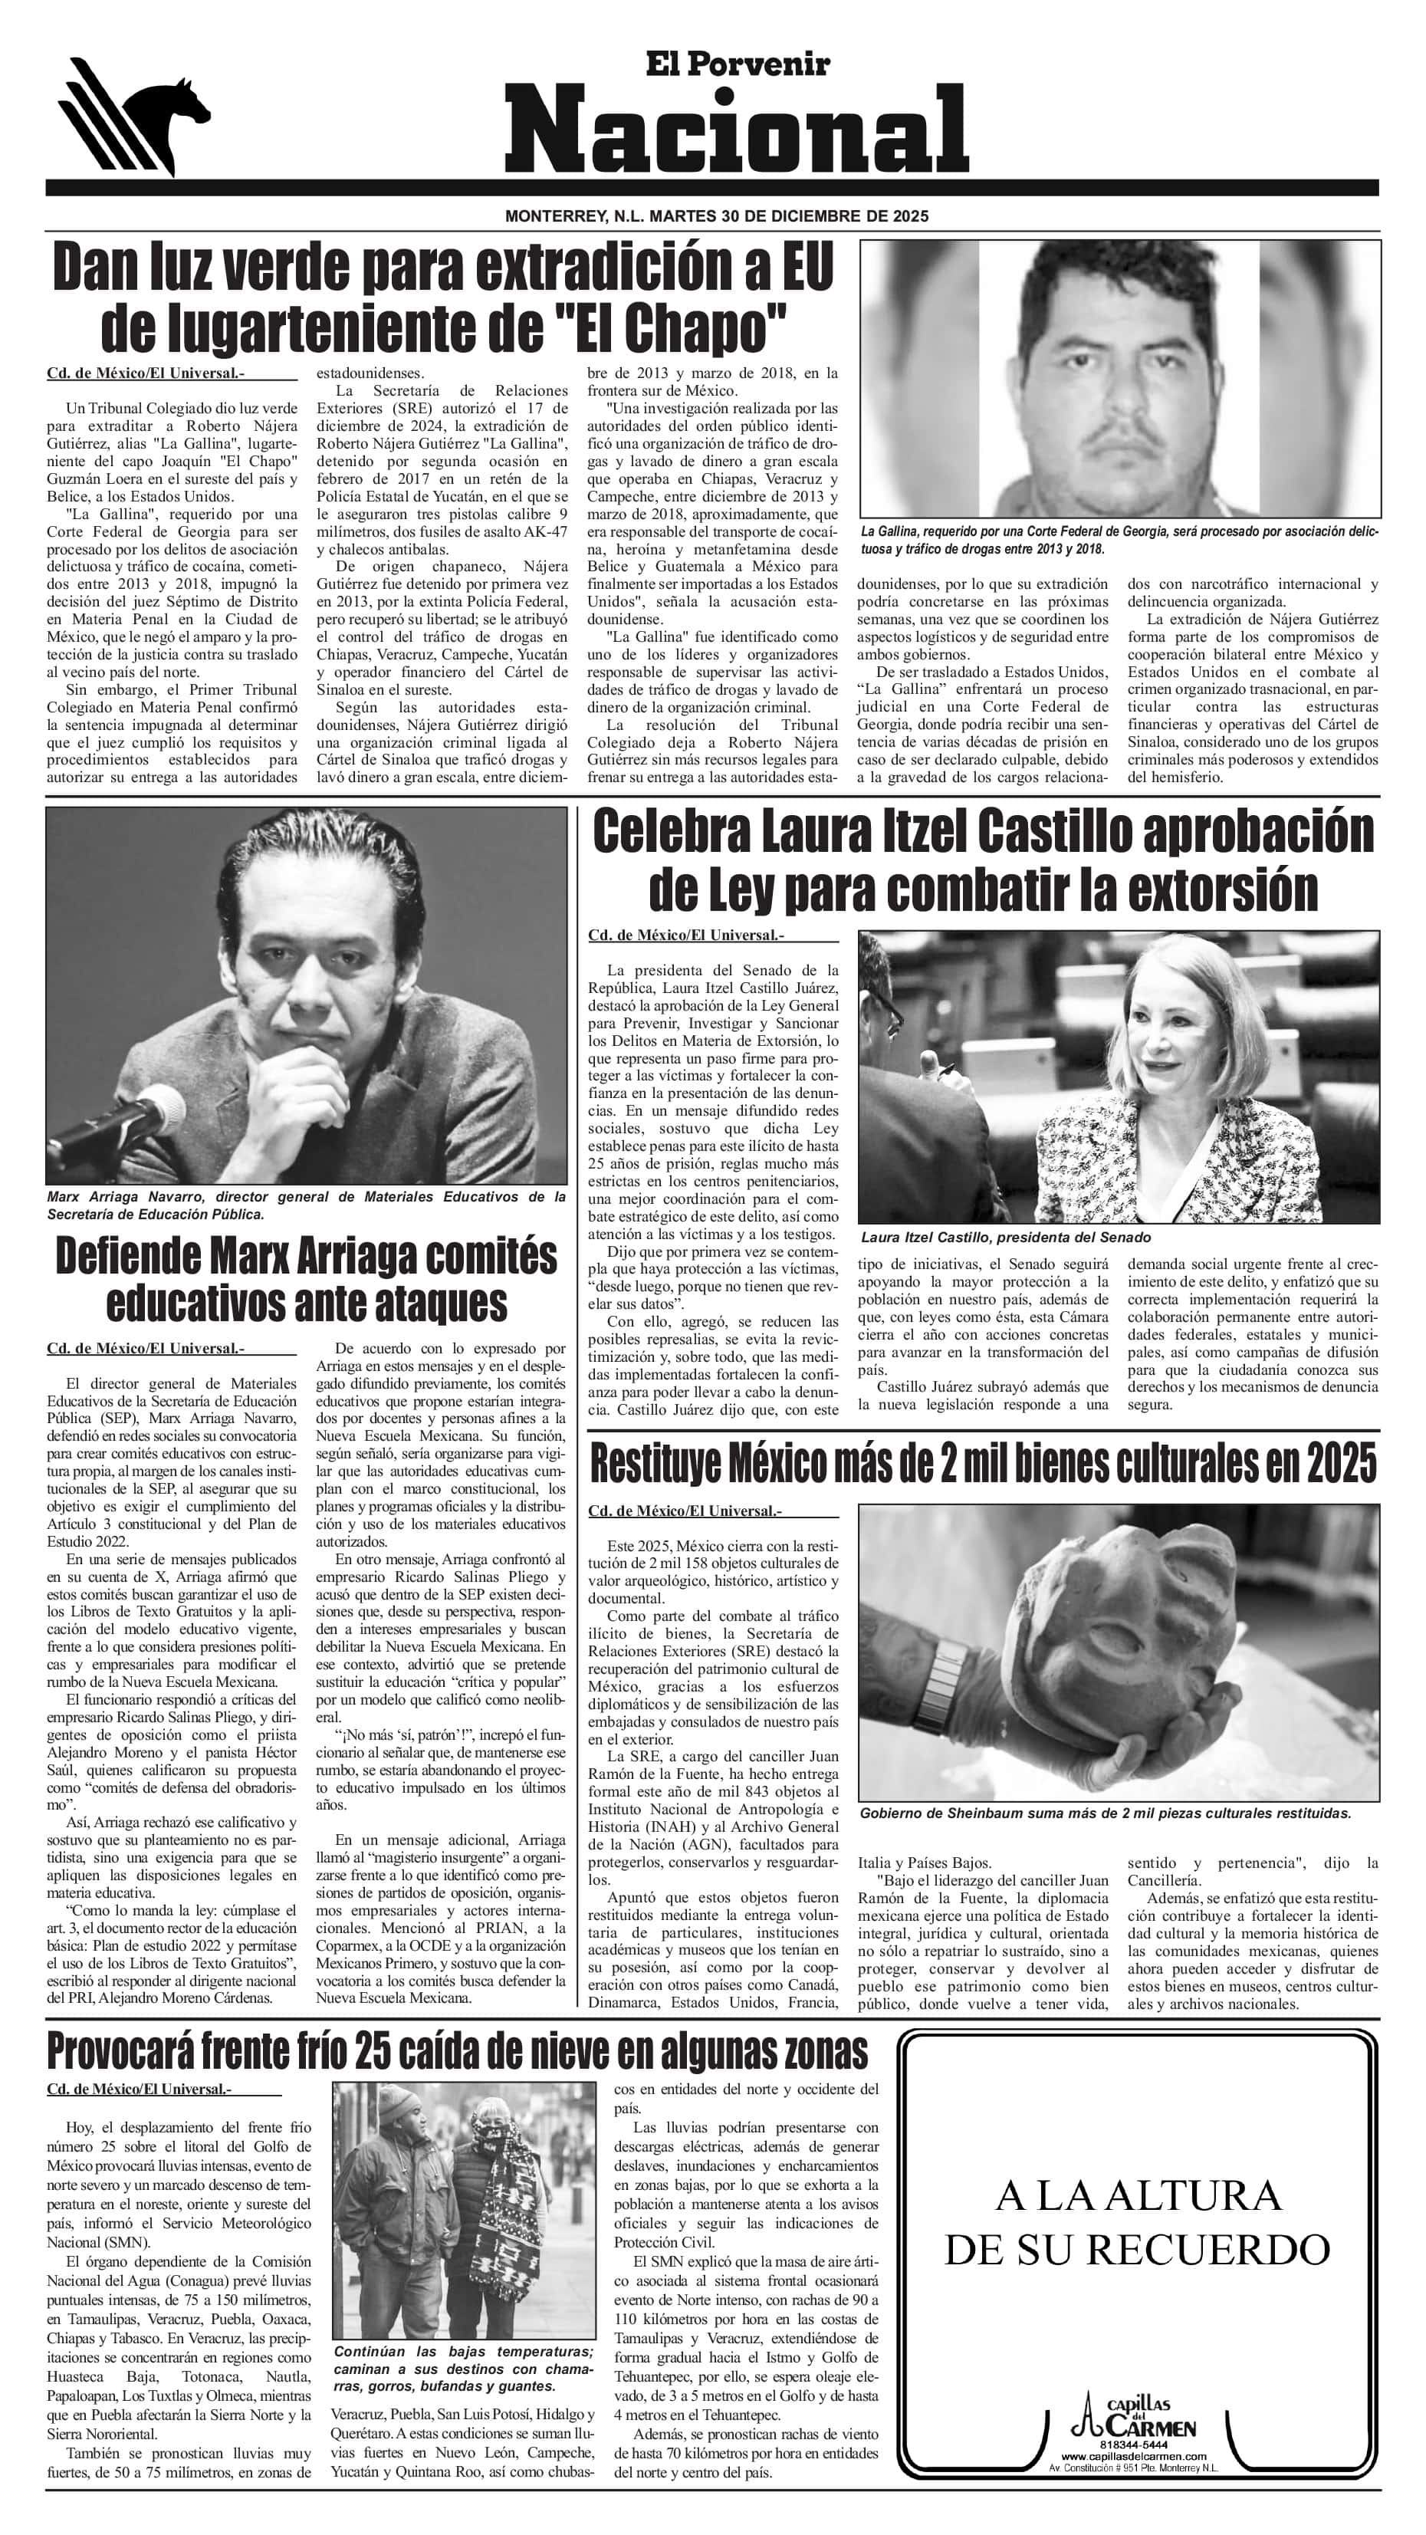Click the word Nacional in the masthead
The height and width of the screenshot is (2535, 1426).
pos(736,128)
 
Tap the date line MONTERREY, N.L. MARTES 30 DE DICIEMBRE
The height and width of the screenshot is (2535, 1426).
pos(715,216)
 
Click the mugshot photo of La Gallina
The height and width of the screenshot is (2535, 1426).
pos(1119,379)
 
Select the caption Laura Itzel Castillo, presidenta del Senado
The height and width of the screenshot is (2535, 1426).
pos(1005,1237)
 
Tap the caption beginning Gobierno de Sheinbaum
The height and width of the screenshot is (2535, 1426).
pos(1104,1813)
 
